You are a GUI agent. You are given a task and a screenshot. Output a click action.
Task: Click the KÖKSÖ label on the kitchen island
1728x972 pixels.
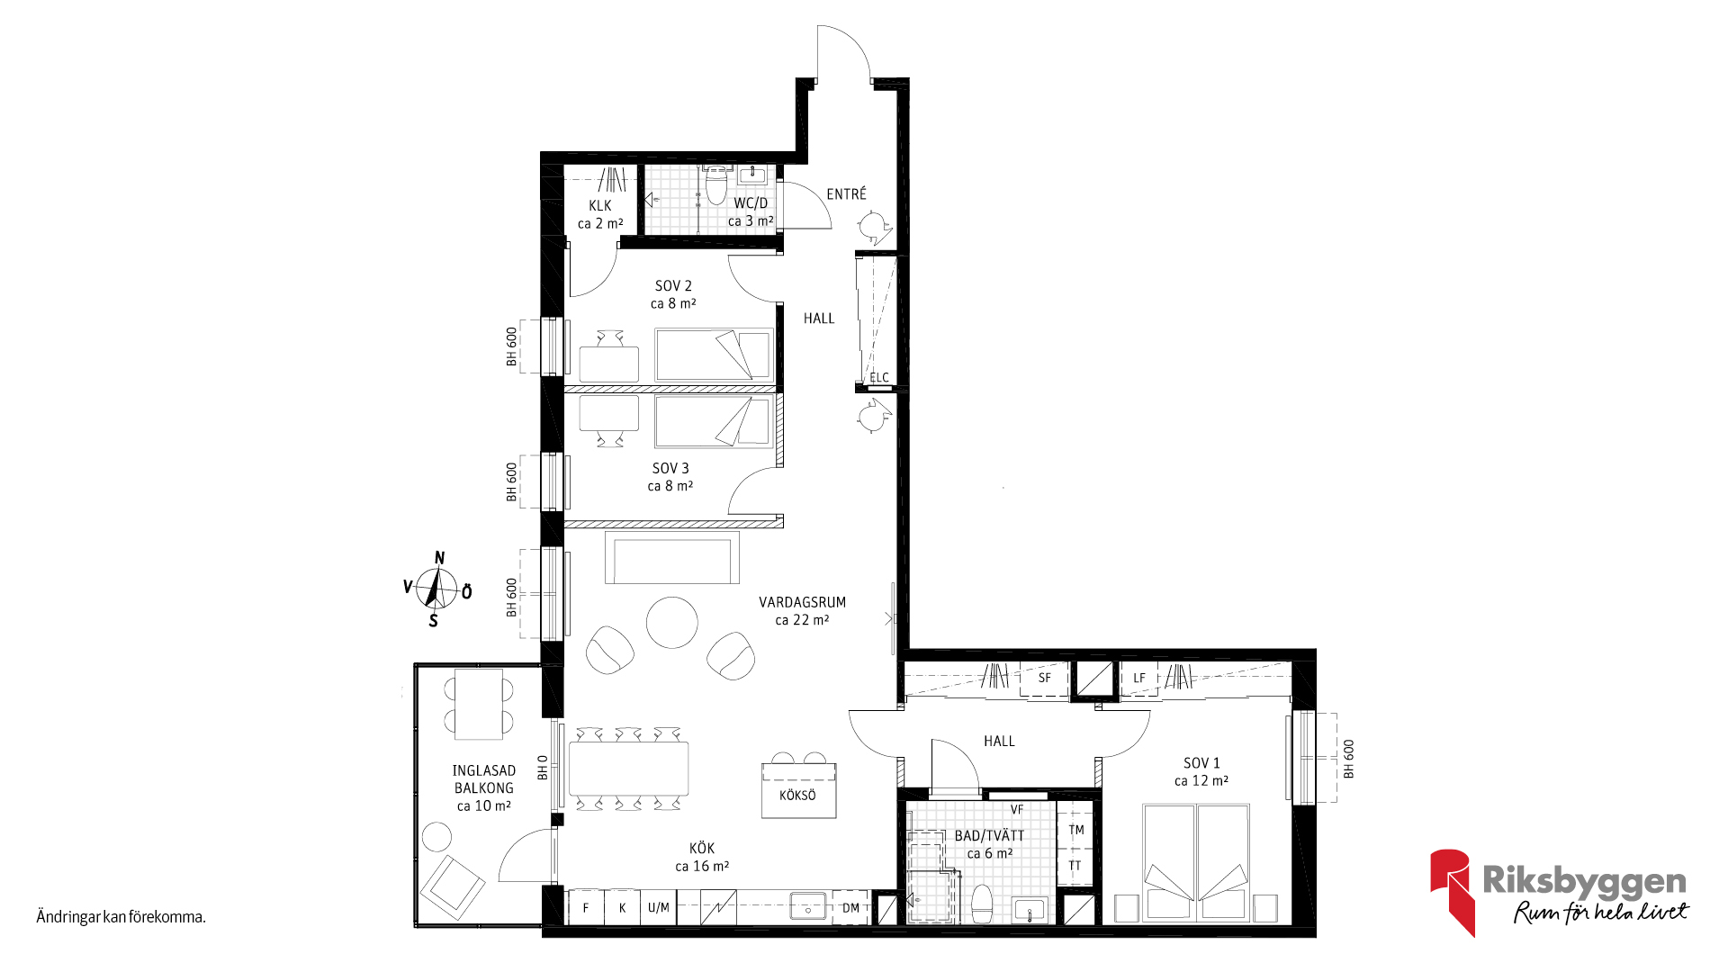click(797, 796)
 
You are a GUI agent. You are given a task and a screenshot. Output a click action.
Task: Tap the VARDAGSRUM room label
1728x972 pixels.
click(802, 602)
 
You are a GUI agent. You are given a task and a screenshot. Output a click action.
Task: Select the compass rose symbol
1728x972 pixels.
click(437, 589)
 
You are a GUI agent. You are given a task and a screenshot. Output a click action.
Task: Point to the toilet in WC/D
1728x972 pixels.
click(716, 185)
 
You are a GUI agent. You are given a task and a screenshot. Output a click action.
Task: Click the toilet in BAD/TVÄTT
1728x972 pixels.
click(982, 904)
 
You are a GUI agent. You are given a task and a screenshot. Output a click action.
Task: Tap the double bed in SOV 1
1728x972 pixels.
click(1196, 862)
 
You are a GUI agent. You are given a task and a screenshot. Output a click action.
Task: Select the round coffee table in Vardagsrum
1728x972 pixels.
click(671, 622)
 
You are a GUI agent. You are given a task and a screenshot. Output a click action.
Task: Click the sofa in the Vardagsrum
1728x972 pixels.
click(672, 558)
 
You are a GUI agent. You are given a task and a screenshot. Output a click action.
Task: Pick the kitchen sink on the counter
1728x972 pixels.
click(809, 905)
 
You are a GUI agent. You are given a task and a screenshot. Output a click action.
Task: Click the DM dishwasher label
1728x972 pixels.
click(850, 908)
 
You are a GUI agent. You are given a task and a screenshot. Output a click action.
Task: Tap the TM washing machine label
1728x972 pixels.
click(1076, 830)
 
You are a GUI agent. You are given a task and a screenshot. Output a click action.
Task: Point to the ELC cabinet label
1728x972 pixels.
click(879, 378)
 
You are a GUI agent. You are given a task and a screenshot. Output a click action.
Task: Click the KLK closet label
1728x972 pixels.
click(600, 206)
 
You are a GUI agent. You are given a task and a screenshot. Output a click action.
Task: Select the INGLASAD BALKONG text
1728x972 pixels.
click(484, 779)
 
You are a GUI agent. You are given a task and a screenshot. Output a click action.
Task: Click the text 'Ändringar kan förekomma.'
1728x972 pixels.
click(121, 918)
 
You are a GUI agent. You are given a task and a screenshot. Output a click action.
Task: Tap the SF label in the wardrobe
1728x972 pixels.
click(1044, 678)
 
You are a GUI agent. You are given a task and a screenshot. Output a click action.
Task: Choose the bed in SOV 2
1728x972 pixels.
click(714, 355)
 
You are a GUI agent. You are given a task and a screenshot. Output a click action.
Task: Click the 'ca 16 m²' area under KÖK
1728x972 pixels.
click(702, 867)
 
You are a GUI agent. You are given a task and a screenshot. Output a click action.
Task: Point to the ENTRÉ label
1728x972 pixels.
click(847, 193)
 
